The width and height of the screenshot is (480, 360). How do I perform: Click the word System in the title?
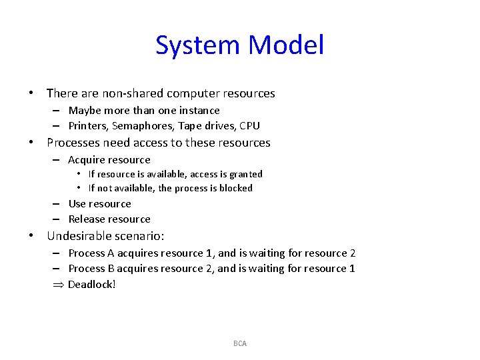tap(198, 45)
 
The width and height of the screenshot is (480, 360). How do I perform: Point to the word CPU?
tap(249, 125)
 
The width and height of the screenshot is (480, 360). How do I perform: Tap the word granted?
tap(246, 174)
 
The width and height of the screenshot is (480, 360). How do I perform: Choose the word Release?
tap(87, 219)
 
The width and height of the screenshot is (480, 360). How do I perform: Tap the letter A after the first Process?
tap(111, 253)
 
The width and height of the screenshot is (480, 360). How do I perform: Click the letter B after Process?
tap(111, 269)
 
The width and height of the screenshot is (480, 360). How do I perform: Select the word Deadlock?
tap(92, 285)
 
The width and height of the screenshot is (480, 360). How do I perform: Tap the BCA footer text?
tap(240, 343)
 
